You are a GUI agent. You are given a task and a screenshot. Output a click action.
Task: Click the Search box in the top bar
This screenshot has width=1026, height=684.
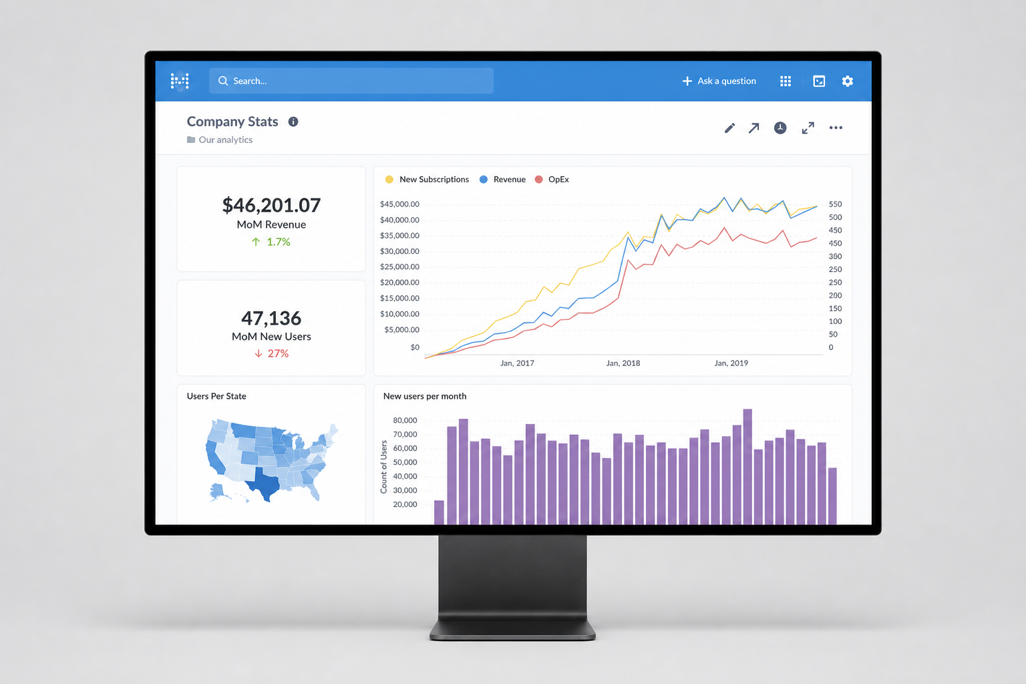click(351, 81)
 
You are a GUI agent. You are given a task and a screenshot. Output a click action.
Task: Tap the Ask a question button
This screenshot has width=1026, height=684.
click(719, 81)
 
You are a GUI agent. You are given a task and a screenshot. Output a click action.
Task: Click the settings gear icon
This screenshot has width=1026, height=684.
click(848, 81)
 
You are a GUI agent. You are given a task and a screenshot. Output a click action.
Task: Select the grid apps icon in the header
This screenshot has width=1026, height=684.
click(786, 81)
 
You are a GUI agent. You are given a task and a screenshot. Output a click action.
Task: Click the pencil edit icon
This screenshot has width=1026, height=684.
click(729, 128)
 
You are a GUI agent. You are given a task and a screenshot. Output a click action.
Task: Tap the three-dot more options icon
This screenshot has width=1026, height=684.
click(836, 128)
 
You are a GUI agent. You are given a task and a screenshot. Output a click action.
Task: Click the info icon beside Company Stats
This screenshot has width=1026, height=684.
click(293, 122)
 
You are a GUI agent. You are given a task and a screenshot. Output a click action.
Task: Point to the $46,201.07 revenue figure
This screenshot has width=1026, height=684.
click(271, 205)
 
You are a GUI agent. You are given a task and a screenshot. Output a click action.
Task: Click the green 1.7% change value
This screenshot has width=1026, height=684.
click(279, 242)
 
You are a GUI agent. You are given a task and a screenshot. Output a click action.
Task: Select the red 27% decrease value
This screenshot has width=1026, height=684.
click(278, 353)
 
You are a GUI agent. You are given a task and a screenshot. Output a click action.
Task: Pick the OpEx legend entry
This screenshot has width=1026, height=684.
click(552, 179)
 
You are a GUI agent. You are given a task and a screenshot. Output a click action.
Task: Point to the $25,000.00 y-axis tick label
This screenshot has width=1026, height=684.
click(399, 267)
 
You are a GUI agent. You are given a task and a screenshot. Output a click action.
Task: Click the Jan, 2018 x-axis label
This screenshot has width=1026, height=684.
click(623, 363)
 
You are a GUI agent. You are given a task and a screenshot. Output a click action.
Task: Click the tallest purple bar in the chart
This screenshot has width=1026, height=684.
click(747, 466)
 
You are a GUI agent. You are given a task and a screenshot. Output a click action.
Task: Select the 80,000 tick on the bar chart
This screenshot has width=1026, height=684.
click(405, 420)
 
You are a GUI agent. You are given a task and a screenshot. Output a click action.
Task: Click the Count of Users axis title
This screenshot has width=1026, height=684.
click(384, 467)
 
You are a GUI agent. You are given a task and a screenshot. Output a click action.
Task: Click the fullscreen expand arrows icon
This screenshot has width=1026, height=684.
click(808, 128)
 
